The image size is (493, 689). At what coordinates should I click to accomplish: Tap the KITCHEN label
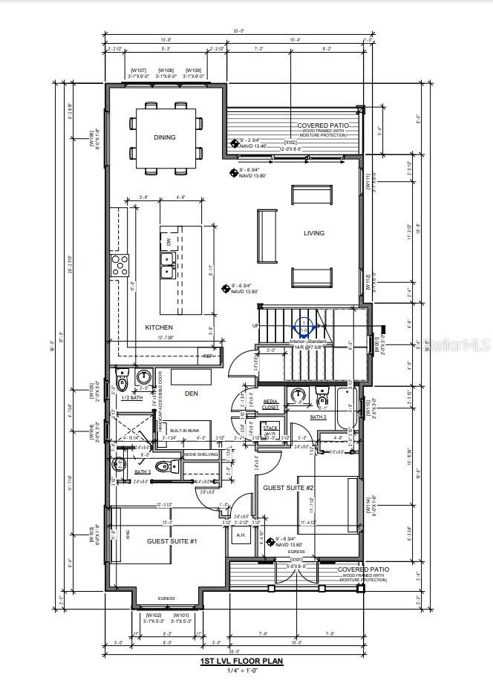click(159, 327)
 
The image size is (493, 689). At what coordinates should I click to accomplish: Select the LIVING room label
click(314, 233)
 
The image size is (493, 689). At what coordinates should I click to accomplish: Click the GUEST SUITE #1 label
click(172, 541)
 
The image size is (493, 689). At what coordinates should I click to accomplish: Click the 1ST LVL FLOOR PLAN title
click(241, 660)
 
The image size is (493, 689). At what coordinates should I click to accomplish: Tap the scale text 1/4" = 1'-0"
click(241, 670)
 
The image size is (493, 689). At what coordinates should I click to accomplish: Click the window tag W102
click(154, 615)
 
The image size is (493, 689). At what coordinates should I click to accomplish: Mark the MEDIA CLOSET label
click(271, 405)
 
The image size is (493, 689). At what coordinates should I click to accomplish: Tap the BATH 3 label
click(142, 472)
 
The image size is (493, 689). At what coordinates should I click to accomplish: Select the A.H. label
click(241, 535)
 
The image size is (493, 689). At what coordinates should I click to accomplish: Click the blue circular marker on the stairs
click(304, 327)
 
